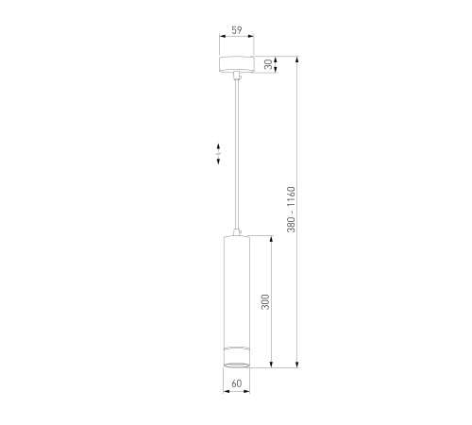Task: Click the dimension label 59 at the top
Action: [237, 30]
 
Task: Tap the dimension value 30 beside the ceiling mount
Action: [268, 64]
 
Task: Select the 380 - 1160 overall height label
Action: [291, 210]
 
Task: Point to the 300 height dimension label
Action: [265, 302]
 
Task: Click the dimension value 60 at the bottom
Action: [237, 383]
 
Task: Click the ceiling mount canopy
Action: [237, 64]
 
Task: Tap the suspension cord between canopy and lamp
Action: [237, 154]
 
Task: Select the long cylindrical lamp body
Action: [237, 301]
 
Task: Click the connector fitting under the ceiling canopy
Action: [237, 76]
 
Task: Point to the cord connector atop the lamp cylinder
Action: [237, 232]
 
